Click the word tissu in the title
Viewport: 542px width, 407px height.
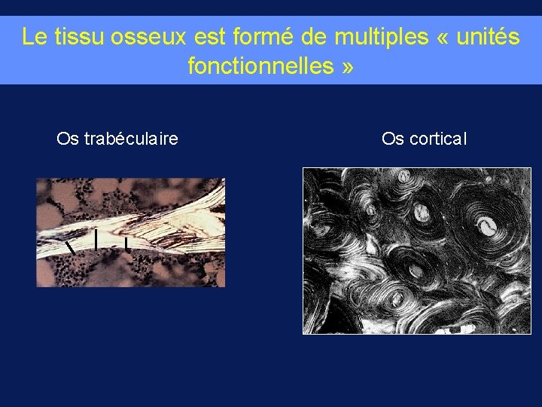[x=69, y=37]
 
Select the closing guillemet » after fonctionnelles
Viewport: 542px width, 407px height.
[x=346, y=67]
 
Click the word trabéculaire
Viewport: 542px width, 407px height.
[x=131, y=139]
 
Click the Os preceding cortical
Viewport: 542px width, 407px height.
[x=392, y=139]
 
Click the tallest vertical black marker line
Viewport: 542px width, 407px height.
[x=96, y=239]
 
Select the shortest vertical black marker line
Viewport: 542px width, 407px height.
[x=126, y=243]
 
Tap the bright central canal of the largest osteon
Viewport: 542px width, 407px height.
[x=489, y=224]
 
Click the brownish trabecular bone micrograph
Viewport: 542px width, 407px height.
[x=131, y=232]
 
